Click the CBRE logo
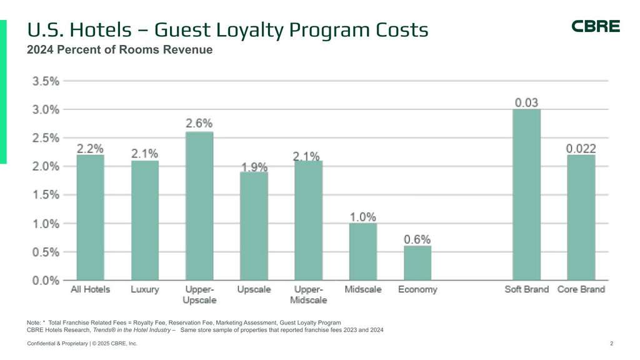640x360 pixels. (596, 26)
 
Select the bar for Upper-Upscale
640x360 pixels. (199, 206)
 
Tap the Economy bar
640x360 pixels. (417, 262)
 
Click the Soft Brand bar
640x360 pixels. (526, 194)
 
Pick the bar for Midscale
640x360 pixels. (362, 251)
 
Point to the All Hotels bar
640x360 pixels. (91, 217)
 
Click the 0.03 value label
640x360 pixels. (526, 102)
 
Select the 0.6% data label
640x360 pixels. (417, 239)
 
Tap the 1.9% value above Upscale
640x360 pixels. (254, 167)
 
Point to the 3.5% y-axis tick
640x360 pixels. (46, 81)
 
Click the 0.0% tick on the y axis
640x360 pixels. (46, 281)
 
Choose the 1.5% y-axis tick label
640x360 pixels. (46, 195)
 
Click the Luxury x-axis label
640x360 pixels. (145, 289)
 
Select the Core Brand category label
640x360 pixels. (581, 289)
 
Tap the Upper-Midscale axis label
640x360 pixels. (309, 294)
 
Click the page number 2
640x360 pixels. (611, 344)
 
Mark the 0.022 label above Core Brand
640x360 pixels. (581, 149)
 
